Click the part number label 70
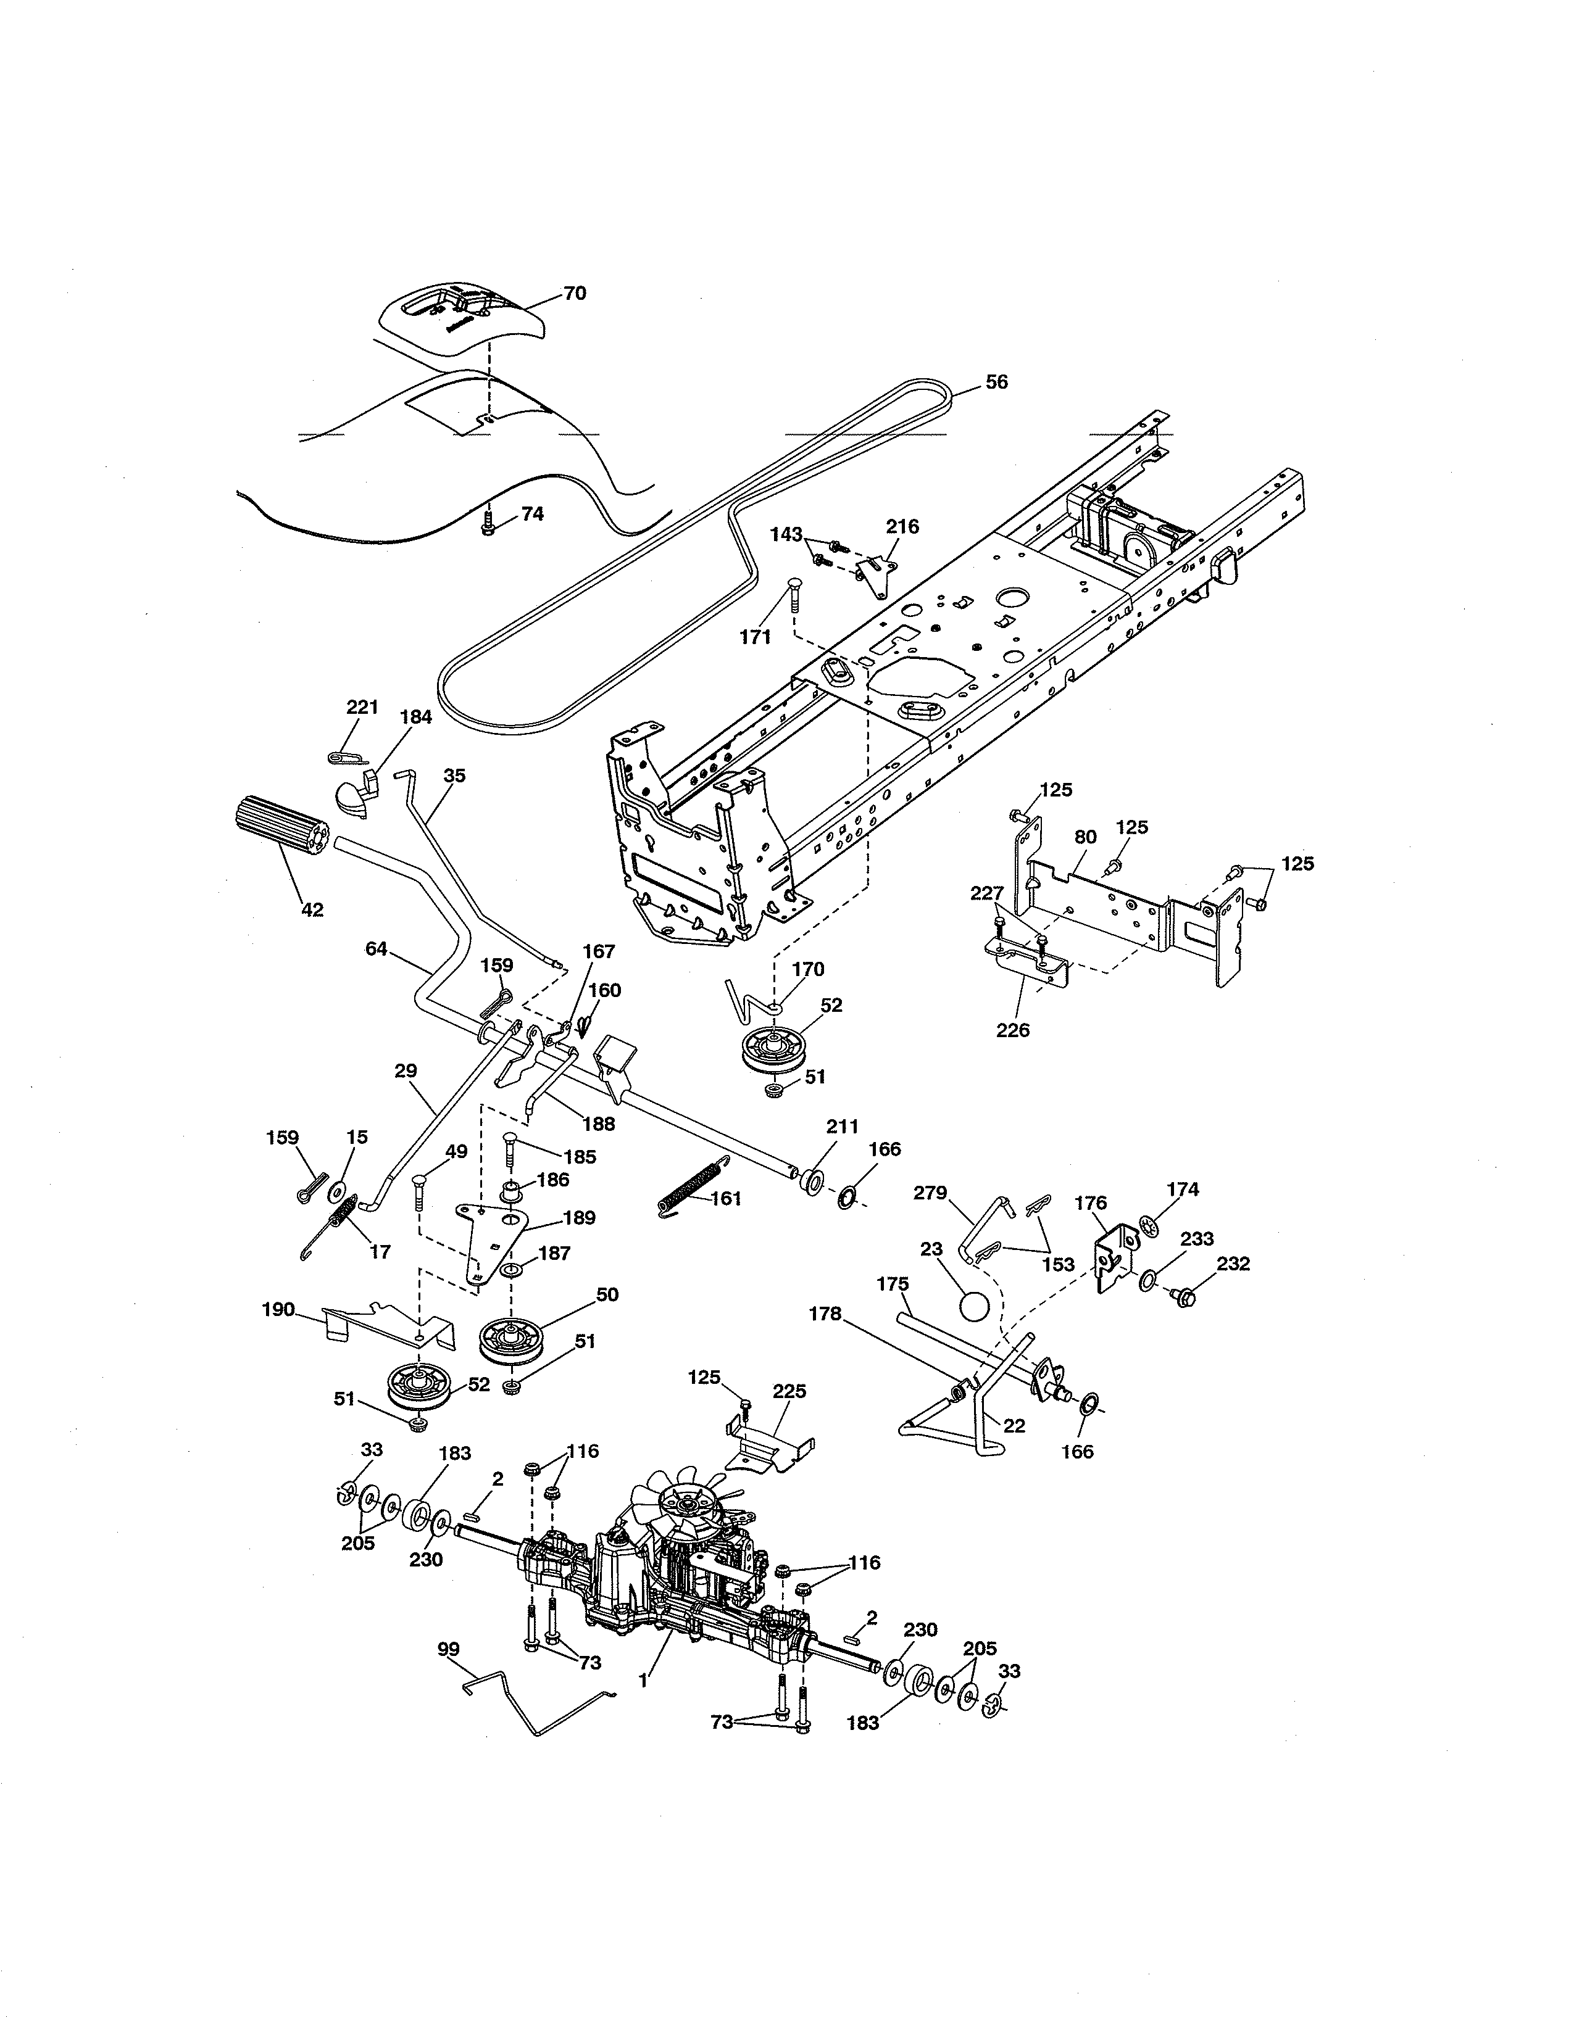(x=575, y=292)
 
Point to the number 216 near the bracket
(x=902, y=527)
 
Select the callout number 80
(x=1085, y=837)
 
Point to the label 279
(x=930, y=1193)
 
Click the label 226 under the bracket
(x=1014, y=1030)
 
